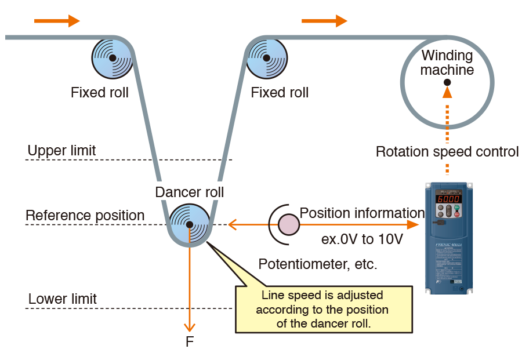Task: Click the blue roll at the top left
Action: pyautogui.click(x=112, y=58)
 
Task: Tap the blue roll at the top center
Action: pyautogui.click(x=267, y=59)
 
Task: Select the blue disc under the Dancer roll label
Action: pyautogui.click(x=189, y=224)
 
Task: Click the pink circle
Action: pyautogui.click(x=288, y=224)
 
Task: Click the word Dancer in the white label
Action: pyautogui.click(x=174, y=192)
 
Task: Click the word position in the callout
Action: pyautogui.click(x=367, y=309)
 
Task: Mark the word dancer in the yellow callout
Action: pyautogui.click(x=323, y=323)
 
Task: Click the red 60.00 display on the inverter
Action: pyautogui.click(x=449, y=198)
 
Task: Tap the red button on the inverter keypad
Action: pyautogui.click(x=457, y=214)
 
